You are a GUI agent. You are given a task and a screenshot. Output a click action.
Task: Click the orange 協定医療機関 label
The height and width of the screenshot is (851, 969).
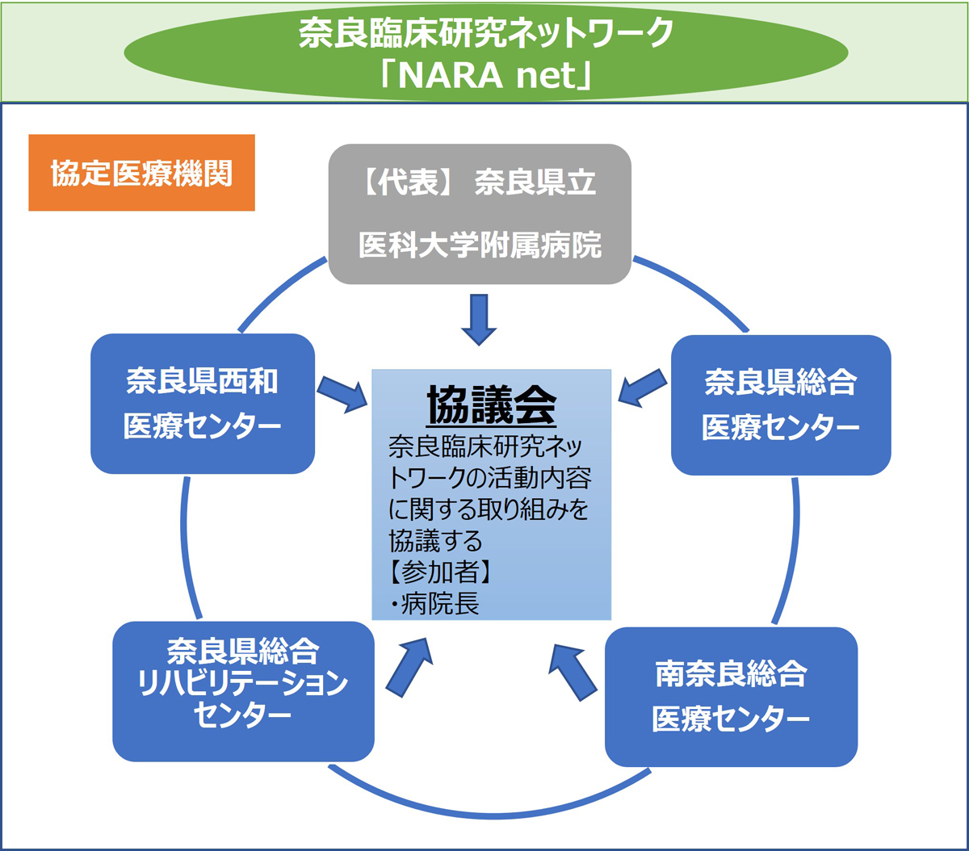tap(141, 173)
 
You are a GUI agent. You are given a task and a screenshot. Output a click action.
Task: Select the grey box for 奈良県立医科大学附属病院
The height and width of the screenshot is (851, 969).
tap(480, 214)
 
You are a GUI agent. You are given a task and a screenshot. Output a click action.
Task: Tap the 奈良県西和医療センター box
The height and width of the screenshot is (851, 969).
tap(202, 404)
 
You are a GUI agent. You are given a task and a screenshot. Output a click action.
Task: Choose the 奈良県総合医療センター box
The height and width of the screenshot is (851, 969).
tap(781, 405)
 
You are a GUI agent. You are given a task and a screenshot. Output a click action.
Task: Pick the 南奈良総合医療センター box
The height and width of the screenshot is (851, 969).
tap(731, 696)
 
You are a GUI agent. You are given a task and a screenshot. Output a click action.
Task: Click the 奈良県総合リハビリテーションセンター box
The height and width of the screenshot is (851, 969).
tap(243, 691)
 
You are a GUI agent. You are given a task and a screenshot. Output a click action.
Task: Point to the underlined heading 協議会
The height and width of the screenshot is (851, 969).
tap(491, 405)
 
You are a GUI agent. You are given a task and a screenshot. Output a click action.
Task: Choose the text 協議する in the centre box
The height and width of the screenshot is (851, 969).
tap(435, 539)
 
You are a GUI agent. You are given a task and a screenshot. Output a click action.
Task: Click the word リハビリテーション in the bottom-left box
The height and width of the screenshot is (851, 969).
tap(243, 685)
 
